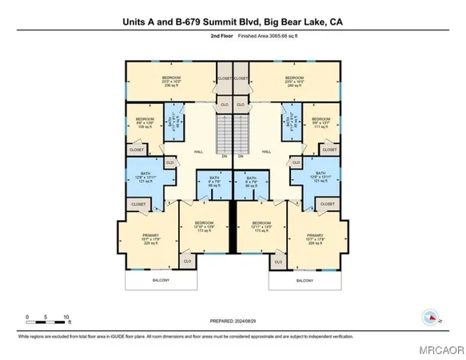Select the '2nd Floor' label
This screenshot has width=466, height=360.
pyautogui.click(x=177, y=37)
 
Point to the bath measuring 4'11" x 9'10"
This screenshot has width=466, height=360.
pyautogui.click(x=179, y=122)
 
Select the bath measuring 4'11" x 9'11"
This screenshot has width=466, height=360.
pyautogui.click(x=287, y=122)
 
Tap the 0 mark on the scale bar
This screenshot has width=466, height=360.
pyautogui.click(x=27, y=316)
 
